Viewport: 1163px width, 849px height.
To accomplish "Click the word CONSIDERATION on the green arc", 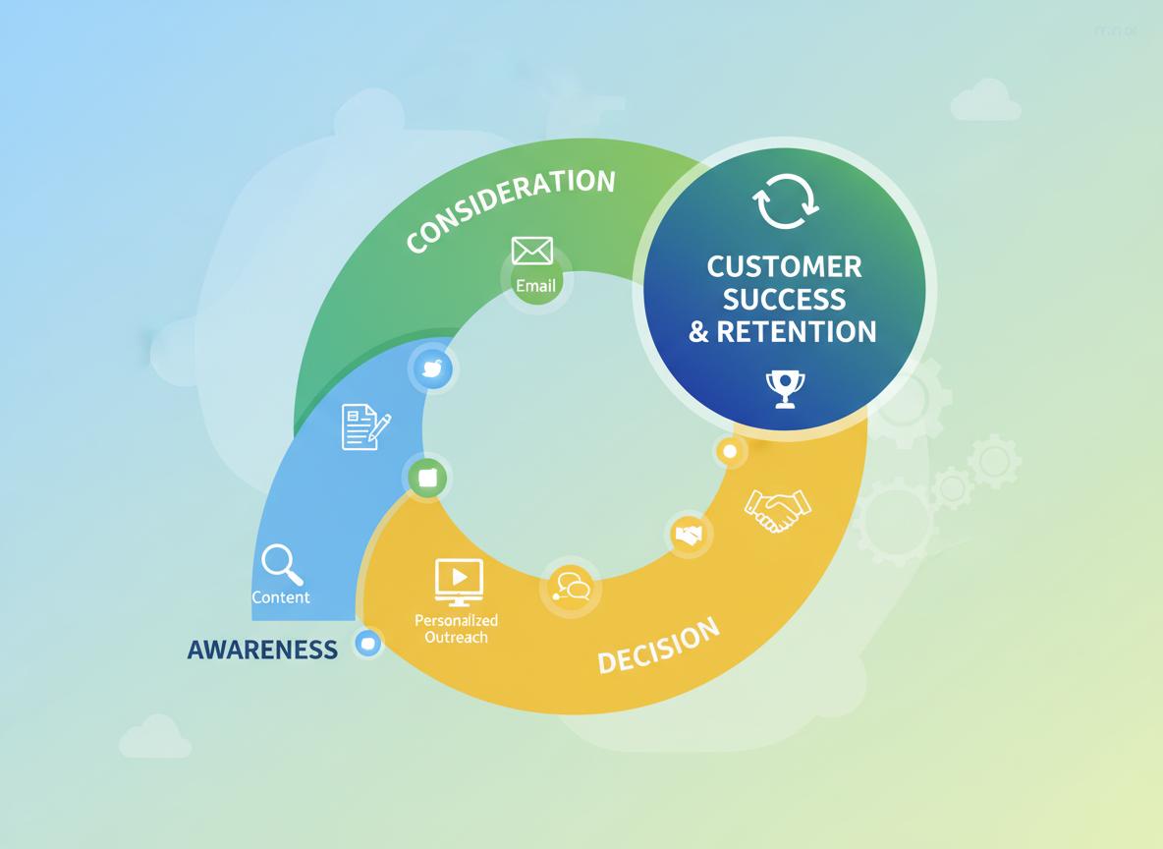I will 511,208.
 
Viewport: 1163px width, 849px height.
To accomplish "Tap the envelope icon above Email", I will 532,252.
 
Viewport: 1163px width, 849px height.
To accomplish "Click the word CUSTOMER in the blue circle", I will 784,266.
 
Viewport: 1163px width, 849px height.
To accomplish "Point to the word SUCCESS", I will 784,299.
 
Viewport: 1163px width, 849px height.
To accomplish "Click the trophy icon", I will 785,388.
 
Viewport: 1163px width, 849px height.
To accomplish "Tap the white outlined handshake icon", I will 777,509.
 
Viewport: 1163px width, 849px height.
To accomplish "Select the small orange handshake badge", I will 689,535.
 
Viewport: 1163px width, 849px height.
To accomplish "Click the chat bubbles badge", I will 571,589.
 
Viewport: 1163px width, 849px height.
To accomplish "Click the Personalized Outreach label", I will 456,629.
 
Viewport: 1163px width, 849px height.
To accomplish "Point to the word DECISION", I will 658,646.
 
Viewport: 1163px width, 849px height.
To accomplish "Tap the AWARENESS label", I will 262,649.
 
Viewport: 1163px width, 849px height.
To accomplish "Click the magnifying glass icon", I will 282,565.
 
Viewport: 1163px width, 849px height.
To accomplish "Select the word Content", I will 281,597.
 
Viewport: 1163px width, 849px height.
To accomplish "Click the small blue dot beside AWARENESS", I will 368,644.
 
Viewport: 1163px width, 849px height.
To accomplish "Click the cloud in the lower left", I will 155,737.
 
